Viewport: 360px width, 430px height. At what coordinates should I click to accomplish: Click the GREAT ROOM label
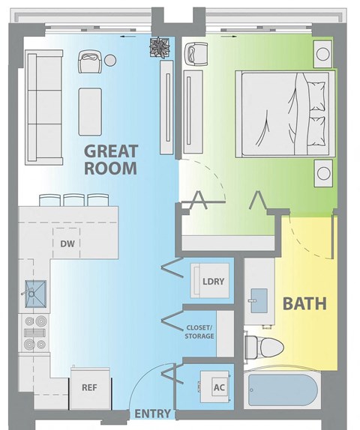pyautogui.click(x=110, y=158)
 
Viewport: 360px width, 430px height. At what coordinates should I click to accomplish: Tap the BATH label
pyautogui.click(x=304, y=304)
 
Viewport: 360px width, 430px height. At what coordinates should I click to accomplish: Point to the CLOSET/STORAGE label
pyautogui.click(x=200, y=331)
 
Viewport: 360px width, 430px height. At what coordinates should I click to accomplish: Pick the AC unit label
pyautogui.click(x=219, y=387)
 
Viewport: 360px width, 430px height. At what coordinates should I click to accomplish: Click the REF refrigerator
pyautogui.click(x=90, y=387)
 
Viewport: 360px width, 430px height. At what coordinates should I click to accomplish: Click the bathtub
pyautogui.click(x=283, y=391)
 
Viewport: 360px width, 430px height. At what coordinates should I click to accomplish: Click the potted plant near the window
pyautogui.click(x=160, y=48)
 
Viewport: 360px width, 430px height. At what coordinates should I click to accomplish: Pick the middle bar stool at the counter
pyautogui.click(x=75, y=200)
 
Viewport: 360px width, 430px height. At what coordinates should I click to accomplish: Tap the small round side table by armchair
pyautogui.click(x=109, y=61)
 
